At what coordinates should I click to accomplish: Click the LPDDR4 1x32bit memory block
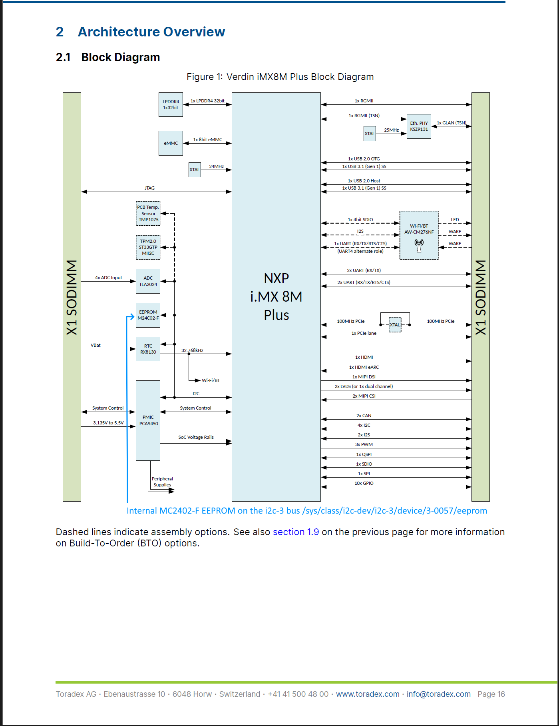tap(171, 105)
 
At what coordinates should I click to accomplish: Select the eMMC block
tap(171, 143)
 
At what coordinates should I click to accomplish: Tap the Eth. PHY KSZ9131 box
tap(419, 126)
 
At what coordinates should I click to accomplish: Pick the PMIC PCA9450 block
tap(148, 420)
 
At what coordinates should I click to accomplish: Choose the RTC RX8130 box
tap(148, 349)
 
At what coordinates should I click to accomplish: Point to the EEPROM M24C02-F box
tap(148, 315)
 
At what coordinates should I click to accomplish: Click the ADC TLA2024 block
tap(148, 281)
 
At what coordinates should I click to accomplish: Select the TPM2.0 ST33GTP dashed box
tap(148, 247)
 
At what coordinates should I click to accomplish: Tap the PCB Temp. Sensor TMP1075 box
tap(148, 214)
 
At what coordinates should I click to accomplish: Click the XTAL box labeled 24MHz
tap(195, 170)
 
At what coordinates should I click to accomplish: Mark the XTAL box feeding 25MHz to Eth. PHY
tap(370, 134)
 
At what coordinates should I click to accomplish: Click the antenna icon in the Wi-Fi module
tap(419, 246)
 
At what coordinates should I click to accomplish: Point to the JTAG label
tap(149, 188)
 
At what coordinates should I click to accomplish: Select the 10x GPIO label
tap(364, 483)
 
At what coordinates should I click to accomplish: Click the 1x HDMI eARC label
tap(364, 367)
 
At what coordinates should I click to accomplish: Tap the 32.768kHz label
tap(192, 350)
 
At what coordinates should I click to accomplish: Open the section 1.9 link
tap(296, 532)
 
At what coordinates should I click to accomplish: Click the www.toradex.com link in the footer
tap(368, 694)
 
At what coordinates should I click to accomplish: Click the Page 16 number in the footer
tap(491, 694)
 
